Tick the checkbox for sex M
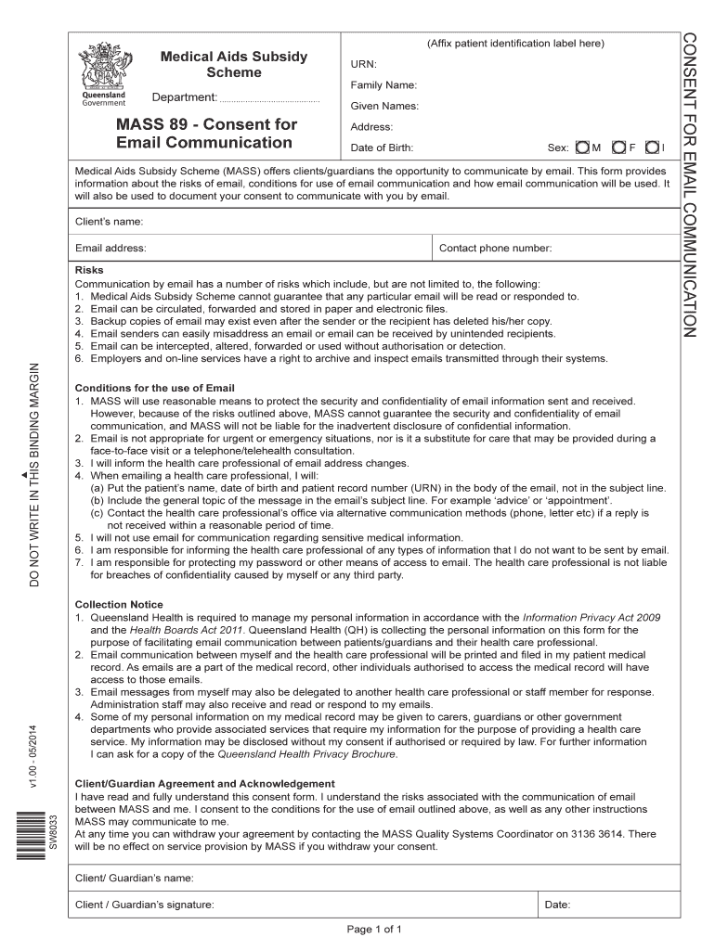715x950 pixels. click(582, 148)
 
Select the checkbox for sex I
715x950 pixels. click(654, 148)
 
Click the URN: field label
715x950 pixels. click(363, 64)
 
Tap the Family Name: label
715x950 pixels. click(383, 85)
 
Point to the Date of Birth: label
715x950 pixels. click(382, 148)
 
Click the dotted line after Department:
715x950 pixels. click(269, 99)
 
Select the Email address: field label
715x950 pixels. click(110, 248)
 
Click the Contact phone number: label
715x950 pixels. click(495, 248)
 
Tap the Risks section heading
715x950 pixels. click(89, 270)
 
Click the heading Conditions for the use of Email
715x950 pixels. click(155, 388)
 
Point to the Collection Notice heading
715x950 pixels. click(119, 604)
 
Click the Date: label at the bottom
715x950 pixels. click(557, 905)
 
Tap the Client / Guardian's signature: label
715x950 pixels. click(145, 905)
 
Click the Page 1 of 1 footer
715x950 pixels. click(373, 929)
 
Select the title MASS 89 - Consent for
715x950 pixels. click(206, 124)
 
